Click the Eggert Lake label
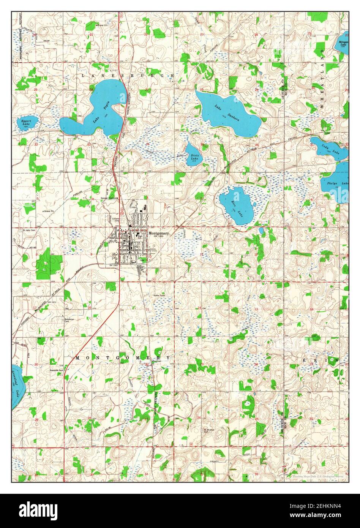(25, 122)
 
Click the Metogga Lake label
(343, 43)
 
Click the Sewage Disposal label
(109, 198)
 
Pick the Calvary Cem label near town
(116, 220)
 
